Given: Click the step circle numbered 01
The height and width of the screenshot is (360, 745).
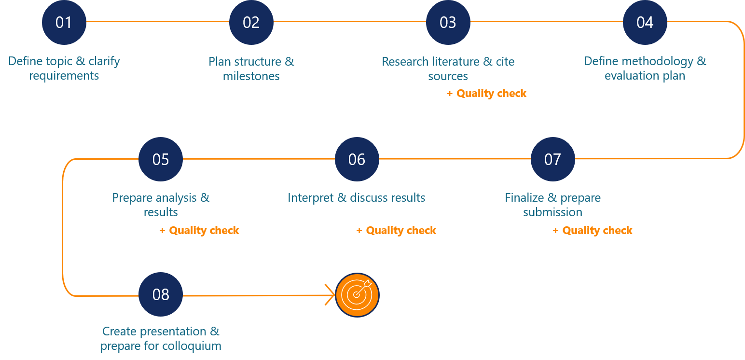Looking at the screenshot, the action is pos(64,22).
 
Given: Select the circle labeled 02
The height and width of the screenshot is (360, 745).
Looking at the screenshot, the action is pos(251,22).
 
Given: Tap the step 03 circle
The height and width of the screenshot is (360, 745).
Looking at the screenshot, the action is pos(448,22).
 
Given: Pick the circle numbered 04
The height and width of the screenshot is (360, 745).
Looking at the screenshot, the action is pos(645,22).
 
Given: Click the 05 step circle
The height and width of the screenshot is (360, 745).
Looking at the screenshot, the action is pos(161,159).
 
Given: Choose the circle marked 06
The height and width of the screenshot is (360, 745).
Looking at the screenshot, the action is pos(357,159).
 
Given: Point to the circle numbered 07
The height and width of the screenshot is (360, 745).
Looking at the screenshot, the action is pos(553,159).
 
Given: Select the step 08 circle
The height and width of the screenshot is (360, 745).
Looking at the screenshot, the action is pos(161,294).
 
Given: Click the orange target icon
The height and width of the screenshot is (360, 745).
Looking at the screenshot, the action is pos(357,295).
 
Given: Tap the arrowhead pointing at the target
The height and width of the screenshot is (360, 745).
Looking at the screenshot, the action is pos(330,295).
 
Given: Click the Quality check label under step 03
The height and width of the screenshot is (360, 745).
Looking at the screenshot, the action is pos(486,94).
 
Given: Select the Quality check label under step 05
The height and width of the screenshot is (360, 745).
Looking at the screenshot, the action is pos(199,231).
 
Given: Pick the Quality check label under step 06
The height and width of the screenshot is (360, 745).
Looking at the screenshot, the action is pos(396,231).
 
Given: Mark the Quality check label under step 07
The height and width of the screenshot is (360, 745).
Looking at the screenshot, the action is pos(592,231).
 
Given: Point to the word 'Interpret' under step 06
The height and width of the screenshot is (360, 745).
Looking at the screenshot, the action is pos(310,198).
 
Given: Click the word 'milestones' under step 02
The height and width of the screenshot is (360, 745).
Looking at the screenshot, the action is pos(251,76).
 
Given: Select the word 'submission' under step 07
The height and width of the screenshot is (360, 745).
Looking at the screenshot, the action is pos(553,212).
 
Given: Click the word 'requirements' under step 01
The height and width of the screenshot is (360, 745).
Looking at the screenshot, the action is pos(64,76).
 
